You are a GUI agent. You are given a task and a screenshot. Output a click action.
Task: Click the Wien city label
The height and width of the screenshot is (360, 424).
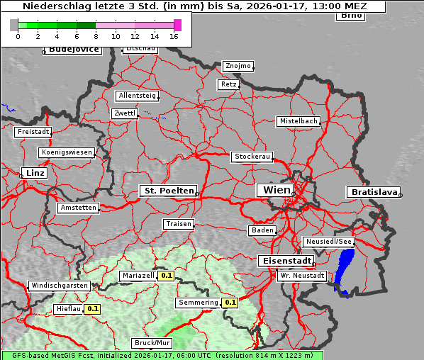[x=277, y=190]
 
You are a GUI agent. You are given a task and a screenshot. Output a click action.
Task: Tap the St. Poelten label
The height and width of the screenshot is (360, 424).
[x=167, y=191]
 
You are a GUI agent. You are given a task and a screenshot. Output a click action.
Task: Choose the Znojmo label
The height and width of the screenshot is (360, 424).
[x=238, y=66]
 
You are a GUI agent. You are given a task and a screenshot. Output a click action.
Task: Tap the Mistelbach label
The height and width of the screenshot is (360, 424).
[x=298, y=121]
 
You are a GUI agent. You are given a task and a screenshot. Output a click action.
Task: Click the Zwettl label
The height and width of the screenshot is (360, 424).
[x=124, y=113]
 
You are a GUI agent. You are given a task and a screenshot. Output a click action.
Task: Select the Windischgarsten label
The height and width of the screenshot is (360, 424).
[x=59, y=286]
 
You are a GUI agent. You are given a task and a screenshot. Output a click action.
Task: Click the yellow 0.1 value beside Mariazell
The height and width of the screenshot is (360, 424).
[x=167, y=276]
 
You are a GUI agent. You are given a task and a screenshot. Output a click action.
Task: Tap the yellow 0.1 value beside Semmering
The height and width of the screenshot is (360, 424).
[x=229, y=303]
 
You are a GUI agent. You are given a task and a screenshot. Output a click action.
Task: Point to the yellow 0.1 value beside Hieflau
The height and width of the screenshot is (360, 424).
[x=93, y=309]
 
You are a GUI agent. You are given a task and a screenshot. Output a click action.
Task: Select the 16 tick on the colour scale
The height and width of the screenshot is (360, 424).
[x=174, y=36]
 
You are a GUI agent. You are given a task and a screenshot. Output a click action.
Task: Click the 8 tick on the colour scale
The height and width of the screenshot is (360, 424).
[x=96, y=36]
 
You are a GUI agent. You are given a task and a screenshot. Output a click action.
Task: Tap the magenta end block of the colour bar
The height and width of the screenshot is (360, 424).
[x=177, y=25]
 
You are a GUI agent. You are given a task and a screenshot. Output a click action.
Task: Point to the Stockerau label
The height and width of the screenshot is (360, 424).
[x=252, y=157]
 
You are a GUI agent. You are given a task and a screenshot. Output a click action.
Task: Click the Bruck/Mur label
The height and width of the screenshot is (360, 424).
[x=152, y=343]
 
